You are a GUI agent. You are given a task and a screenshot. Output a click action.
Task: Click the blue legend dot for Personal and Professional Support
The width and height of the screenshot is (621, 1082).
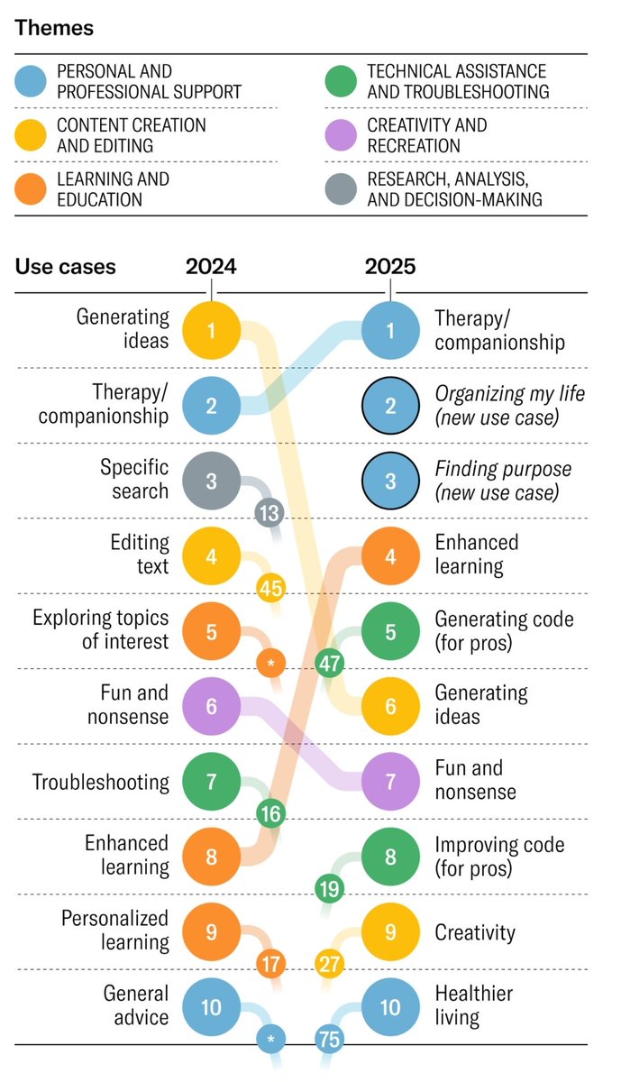point(32,81)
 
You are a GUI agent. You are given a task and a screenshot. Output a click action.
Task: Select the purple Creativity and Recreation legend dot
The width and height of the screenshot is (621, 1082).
point(342,135)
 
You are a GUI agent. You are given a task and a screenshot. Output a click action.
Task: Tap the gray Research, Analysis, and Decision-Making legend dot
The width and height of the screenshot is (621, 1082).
point(342,189)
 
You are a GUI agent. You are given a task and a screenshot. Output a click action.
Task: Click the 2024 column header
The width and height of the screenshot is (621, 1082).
point(211,266)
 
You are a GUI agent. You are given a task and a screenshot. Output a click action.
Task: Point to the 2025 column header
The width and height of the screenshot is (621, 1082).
point(390,266)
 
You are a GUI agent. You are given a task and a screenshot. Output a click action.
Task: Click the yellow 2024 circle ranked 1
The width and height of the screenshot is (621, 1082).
point(211,330)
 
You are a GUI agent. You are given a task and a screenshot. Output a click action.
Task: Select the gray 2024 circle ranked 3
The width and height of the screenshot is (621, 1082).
point(211,481)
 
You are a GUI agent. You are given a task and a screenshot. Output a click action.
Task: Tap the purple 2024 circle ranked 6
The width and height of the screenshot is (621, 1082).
point(211,706)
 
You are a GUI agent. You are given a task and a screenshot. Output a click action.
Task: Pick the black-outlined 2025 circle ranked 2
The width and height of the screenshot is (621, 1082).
point(390,406)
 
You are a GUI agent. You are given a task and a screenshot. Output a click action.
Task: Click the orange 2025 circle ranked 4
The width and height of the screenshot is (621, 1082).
point(390,555)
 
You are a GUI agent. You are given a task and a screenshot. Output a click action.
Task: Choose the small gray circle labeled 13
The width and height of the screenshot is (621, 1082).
point(269,514)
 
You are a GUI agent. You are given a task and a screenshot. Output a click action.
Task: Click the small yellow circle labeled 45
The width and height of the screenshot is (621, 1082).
point(271,589)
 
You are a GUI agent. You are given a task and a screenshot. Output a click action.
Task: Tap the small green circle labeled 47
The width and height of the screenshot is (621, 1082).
point(330,665)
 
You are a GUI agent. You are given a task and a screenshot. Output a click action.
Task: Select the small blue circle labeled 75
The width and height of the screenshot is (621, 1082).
point(330,1040)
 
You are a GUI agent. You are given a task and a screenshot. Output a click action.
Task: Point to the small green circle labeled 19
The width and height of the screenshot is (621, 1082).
point(330,889)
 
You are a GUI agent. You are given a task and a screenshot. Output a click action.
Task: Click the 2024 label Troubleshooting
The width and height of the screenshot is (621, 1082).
point(101,782)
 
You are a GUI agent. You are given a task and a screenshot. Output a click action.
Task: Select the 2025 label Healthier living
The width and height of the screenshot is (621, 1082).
point(474,1006)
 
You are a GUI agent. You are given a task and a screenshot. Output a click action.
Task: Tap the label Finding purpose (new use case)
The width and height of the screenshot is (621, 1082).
point(503,481)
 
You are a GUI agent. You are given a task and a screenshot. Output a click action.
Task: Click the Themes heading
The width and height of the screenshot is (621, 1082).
point(54,28)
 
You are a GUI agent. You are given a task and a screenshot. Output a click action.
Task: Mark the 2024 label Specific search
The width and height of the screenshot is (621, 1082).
point(134,480)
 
